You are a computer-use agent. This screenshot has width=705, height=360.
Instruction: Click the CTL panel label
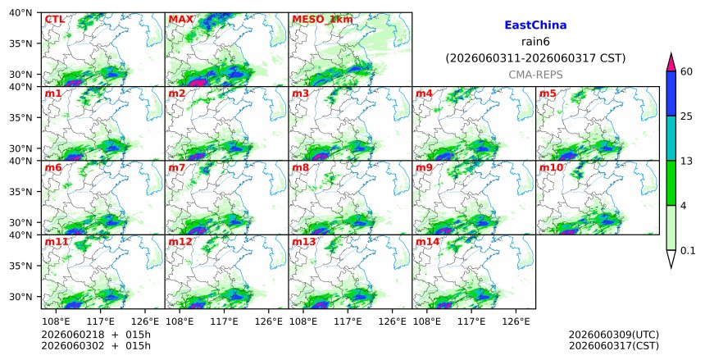54,20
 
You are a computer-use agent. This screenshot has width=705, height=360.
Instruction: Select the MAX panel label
180,20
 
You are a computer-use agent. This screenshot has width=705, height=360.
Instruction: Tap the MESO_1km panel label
322,20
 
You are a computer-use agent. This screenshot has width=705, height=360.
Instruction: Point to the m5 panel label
548,93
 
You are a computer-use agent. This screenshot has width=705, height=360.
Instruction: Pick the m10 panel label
551,168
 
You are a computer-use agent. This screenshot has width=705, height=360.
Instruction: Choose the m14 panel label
427,242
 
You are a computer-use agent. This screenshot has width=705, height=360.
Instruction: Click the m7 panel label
177,168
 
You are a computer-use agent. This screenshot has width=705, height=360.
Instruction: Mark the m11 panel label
57,242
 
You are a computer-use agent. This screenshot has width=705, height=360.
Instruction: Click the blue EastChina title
535,25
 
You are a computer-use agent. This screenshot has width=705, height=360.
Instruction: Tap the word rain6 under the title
535,42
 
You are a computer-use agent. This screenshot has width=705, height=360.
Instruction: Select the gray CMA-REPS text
535,75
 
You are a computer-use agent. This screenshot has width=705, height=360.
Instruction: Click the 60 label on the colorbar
687,71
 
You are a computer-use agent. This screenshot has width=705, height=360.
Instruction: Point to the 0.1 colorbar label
688,251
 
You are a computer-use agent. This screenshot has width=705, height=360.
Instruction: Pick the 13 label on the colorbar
686,161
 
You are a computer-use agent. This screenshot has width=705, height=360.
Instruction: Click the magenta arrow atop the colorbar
671,62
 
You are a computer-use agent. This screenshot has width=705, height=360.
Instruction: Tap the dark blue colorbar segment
671,93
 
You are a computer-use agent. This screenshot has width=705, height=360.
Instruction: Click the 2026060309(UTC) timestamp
614,335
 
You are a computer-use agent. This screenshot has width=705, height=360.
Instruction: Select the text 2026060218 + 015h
96,335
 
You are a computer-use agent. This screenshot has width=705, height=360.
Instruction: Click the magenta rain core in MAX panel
197,83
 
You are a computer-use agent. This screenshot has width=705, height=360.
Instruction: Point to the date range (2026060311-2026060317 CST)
535,58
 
